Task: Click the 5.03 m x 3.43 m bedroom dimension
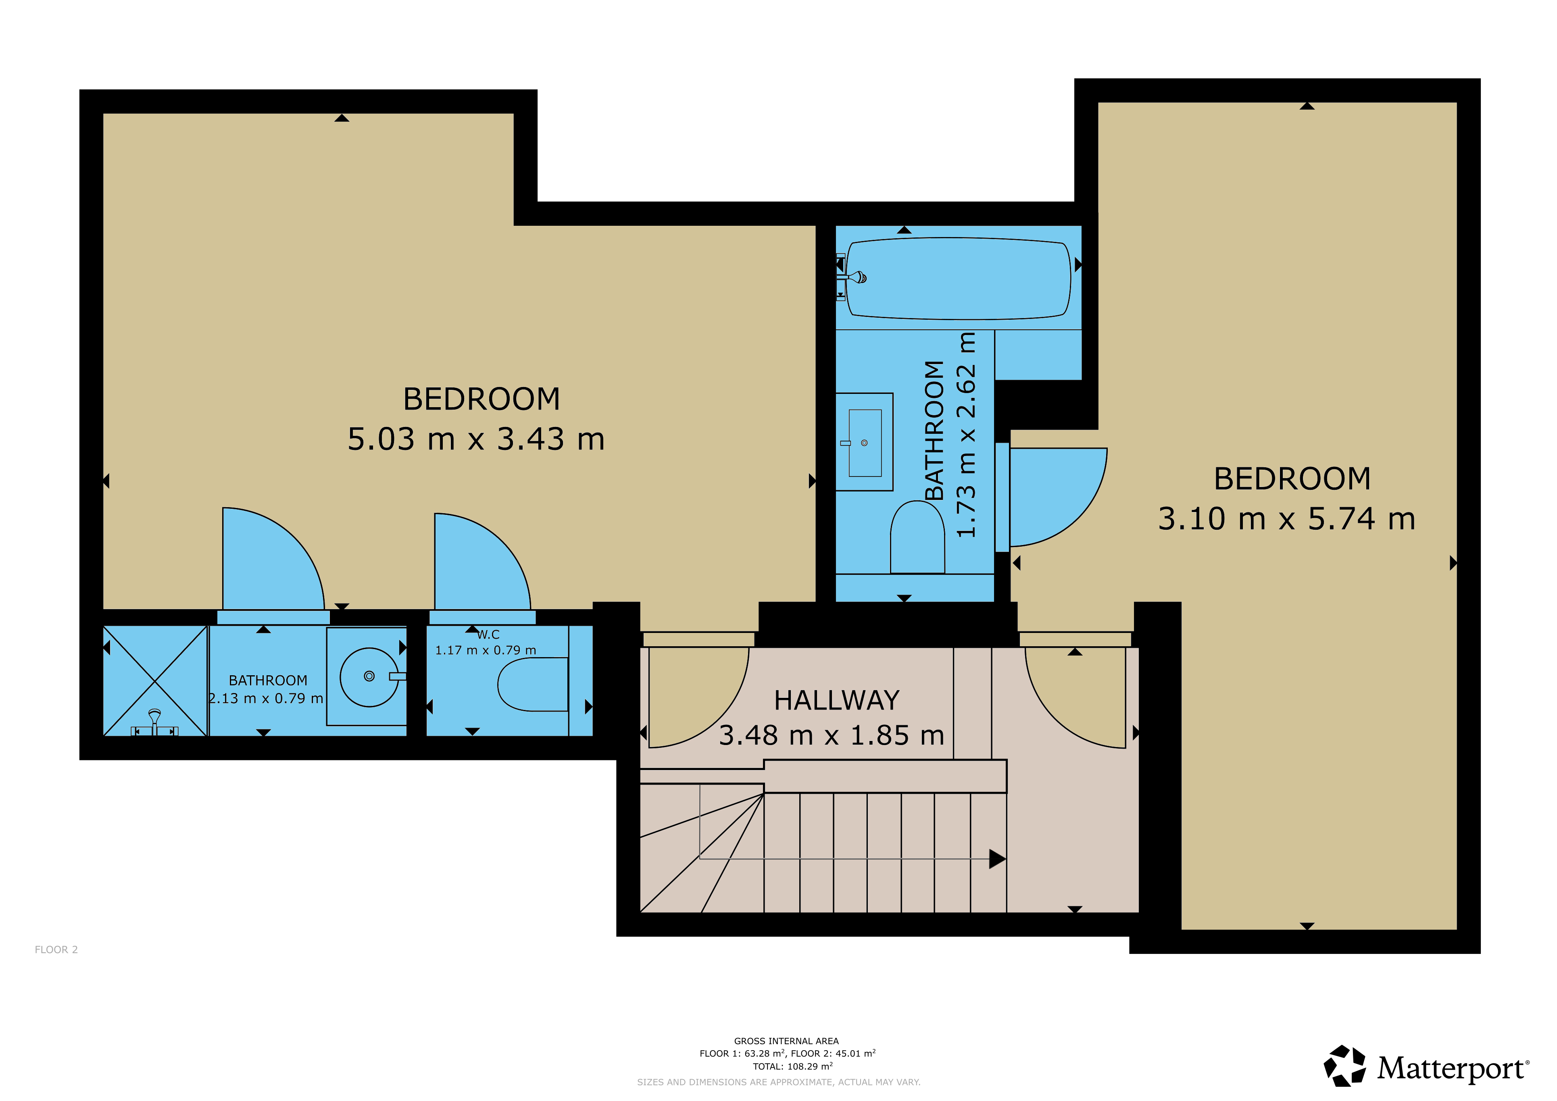pos(476,439)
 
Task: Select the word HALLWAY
pos(837,700)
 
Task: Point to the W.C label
pos(488,635)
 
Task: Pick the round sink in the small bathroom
pos(369,677)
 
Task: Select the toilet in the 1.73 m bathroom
pos(917,537)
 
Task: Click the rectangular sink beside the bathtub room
pos(865,442)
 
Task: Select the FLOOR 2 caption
pos(56,950)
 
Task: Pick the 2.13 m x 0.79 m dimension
pos(266,698)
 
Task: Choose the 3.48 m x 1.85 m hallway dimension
pos(832,736)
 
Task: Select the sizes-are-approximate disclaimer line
pos(778,1082)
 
